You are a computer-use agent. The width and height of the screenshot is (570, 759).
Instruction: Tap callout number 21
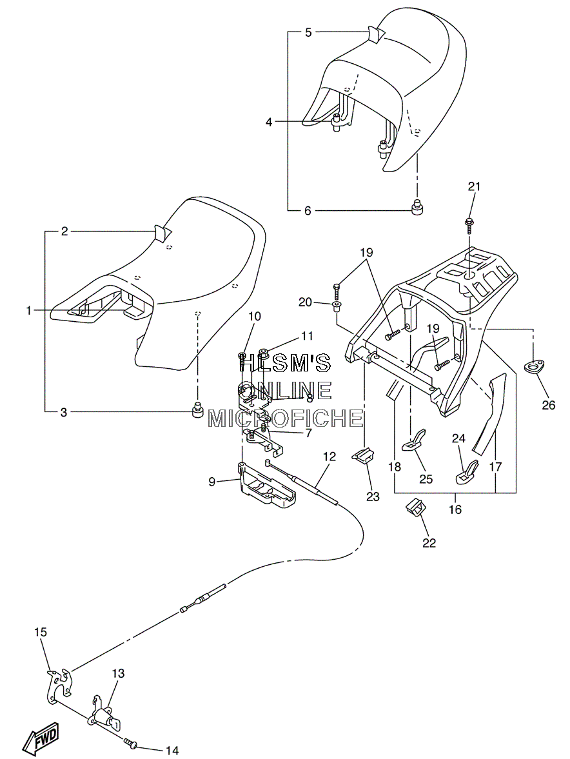474,186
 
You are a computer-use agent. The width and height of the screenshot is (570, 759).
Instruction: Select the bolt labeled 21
468,224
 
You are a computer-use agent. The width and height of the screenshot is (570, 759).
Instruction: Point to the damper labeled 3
197,410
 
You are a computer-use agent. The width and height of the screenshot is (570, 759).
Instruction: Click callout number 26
548,404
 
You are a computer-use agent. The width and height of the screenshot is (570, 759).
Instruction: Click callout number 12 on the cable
329,456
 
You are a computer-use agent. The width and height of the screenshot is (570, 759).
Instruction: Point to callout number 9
212,482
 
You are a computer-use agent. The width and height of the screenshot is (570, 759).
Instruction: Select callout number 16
455,509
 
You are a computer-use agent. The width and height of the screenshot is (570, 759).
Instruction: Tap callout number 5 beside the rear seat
308,32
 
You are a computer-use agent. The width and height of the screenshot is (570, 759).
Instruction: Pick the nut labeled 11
264,351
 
